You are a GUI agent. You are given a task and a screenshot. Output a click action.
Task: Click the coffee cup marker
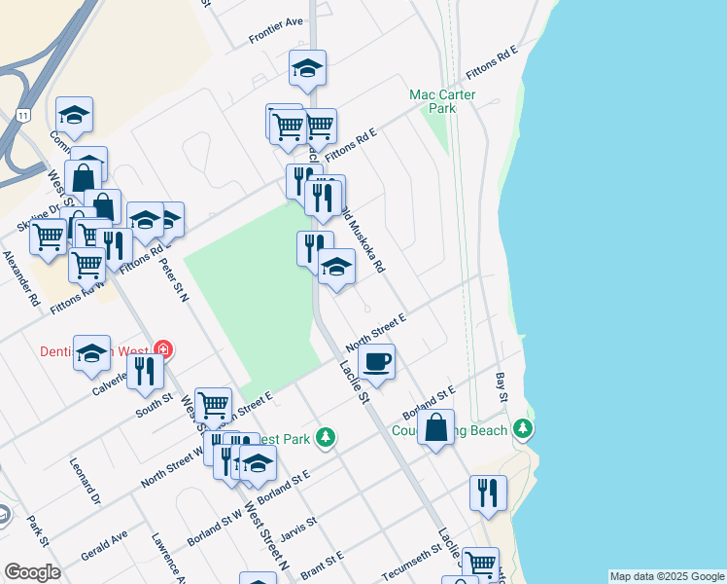(376, 362)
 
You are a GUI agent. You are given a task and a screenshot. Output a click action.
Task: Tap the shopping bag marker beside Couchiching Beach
(436, 427)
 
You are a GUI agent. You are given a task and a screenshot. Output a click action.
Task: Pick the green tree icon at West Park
(328, 438)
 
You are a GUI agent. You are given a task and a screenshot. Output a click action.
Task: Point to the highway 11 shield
(22, 115)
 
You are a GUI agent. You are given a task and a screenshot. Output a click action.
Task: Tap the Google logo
(32, 572)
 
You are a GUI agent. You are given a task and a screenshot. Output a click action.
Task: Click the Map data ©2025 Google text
(667, 576)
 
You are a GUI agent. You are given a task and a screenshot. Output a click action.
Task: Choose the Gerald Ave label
(106, 540)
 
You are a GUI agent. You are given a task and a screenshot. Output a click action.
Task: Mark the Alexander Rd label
(20, 278)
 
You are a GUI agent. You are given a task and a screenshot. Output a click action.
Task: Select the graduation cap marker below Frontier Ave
(307, 69)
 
